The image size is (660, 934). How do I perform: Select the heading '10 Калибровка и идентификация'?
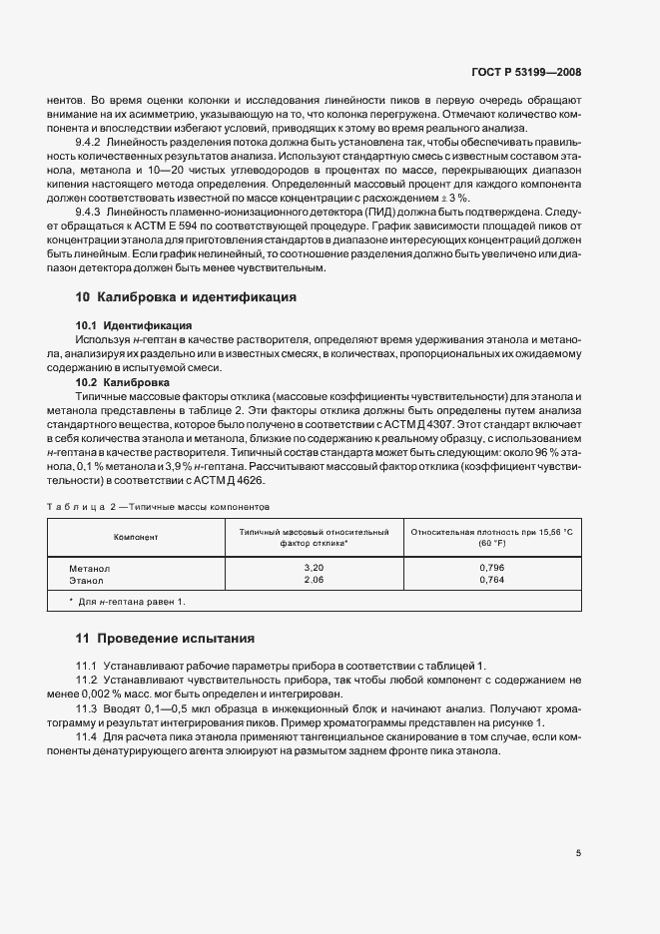coord(186,297)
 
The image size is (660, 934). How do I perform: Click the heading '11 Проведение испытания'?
coord(166,638)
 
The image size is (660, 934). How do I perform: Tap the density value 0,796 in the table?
coord(491,567)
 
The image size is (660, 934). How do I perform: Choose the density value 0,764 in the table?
coord(491,579)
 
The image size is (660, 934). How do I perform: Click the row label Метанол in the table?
coord(89,567)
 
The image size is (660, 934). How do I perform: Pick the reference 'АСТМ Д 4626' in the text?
coord(239,479)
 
